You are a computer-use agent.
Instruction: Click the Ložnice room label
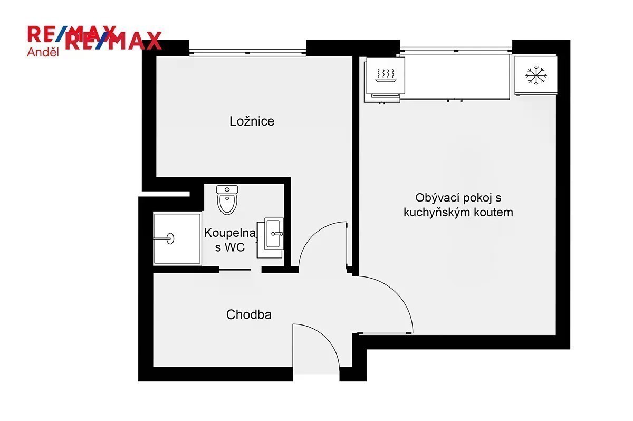252,121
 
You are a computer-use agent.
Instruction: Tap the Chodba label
248,314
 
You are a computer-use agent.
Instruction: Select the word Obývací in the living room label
434,198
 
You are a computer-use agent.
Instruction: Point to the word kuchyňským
437,213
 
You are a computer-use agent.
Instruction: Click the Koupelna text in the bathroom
230,233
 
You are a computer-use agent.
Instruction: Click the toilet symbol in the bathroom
227,200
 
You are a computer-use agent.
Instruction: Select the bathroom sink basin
274,234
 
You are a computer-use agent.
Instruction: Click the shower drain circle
170,238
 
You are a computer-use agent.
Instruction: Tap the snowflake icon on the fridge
536,76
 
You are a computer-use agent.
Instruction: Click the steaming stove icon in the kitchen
386,75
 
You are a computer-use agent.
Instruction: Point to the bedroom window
247,53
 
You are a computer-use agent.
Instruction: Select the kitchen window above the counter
456,51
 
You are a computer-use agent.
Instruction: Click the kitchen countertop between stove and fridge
457,76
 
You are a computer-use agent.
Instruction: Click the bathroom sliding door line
235,270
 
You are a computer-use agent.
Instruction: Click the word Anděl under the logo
43,52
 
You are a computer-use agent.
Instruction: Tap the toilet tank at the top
227,189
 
